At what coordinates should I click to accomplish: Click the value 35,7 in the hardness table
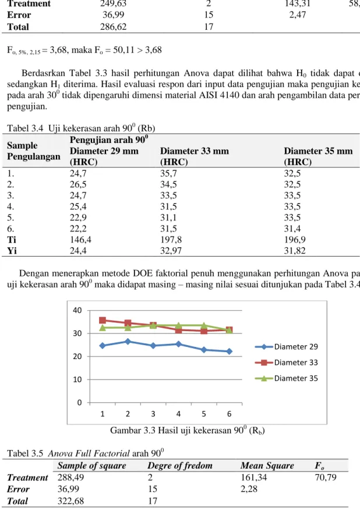tap(168, 173)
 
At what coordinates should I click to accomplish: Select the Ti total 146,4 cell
tap(78, 240)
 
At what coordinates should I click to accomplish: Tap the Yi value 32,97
tap(171, 251)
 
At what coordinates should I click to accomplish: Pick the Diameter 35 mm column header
tap(318, 156)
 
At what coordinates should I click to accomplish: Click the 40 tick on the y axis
tap(77, 310)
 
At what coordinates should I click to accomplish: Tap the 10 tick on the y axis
tap(77, 380)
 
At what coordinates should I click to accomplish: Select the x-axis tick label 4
tap(178, 414)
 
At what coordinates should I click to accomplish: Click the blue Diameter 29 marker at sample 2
tap(128, 342)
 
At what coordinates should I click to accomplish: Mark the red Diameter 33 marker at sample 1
tap(103, 321)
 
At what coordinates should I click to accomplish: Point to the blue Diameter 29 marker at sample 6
tap(230, 351)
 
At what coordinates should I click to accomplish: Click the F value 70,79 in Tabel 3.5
tap(326, 478)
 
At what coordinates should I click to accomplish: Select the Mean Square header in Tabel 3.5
tap(267, 466)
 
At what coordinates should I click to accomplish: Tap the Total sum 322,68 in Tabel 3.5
tap(70, 501)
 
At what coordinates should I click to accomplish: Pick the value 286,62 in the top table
tap(113, 27)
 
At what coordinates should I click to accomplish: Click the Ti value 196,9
tap(295, 240)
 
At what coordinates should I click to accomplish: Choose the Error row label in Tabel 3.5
tap(18, 489)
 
